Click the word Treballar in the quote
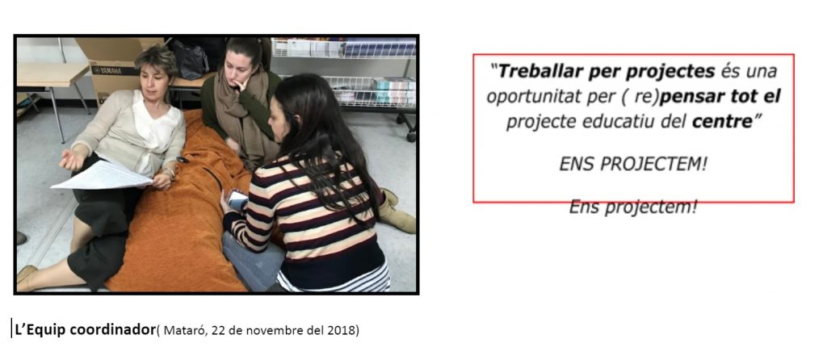[x=533, y=71]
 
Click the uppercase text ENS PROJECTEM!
[x=633, y=165]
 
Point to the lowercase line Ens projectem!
[x=633, y=207]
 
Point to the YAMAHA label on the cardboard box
[x=106, y=70]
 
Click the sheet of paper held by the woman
[x=103, y=175]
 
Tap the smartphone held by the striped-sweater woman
[x=237, y=199]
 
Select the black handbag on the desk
[x=189, y=58]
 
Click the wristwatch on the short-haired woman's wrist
[x=170, y=173]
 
